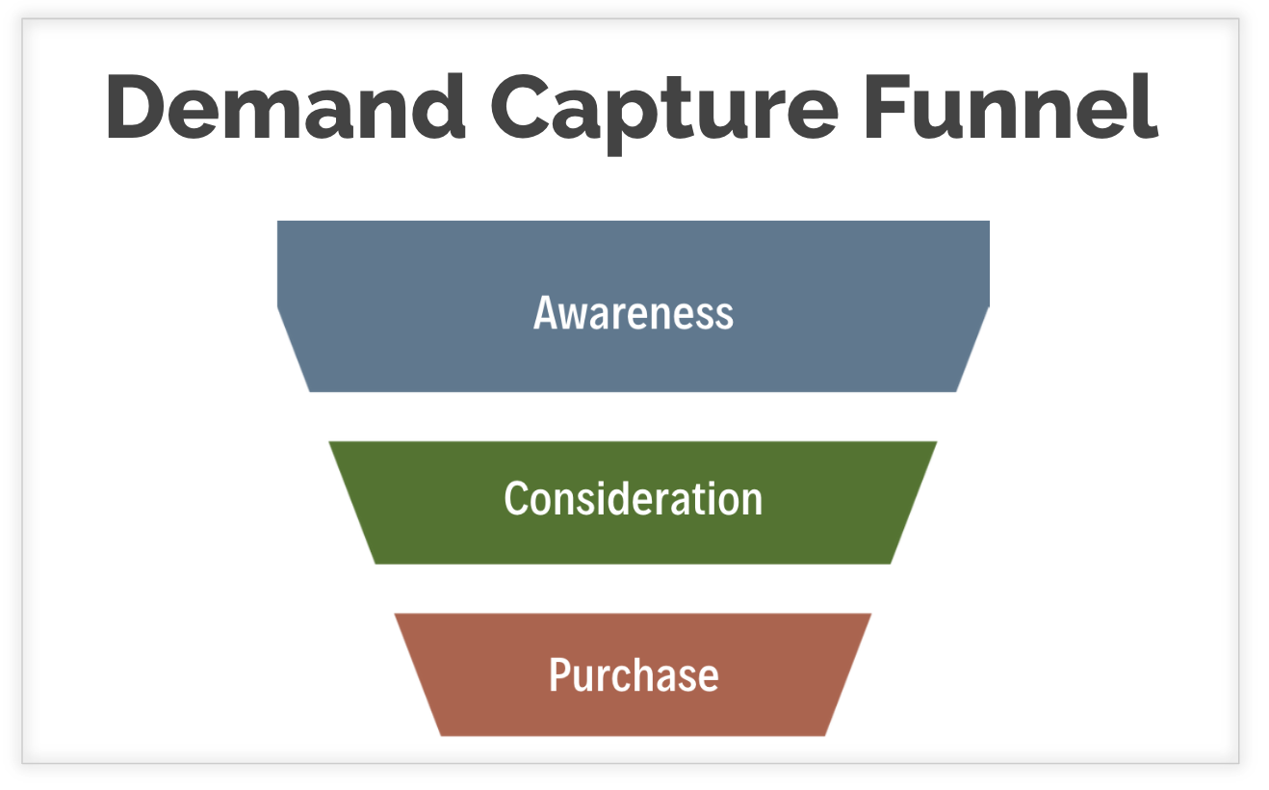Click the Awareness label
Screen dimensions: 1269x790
[633, 313]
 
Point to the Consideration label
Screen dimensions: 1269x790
[633, 499]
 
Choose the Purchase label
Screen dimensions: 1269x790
[633, 674]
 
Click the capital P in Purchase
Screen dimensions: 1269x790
[559, 674]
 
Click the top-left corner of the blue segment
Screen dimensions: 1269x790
[278, 223]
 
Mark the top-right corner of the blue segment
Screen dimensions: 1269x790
[988, 223]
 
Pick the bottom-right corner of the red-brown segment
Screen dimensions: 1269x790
[824, 734]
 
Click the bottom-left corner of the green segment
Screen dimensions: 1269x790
[376, 563]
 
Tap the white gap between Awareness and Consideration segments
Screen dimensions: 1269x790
[633, 416]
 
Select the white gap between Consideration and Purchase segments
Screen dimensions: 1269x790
[633, 589]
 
